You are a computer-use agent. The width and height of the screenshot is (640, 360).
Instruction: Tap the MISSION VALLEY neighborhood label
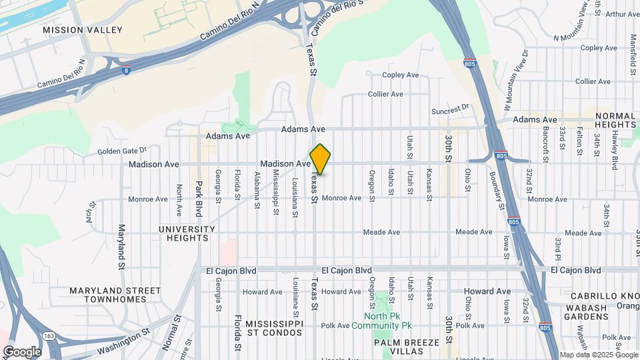click(83, 30)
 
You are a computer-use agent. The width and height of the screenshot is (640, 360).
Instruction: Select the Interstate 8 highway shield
click(126, 69)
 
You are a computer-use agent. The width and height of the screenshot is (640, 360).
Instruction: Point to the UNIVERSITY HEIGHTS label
click(187, 233)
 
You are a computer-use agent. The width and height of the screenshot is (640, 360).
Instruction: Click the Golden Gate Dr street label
click(121, 151)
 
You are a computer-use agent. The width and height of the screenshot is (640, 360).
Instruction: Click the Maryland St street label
click(122, 247)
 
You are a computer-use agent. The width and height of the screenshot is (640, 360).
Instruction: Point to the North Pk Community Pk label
click(389, 321)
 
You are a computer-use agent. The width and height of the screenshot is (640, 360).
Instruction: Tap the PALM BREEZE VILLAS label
click(405, 347)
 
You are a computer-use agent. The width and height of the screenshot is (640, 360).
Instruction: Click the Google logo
click(22, 351)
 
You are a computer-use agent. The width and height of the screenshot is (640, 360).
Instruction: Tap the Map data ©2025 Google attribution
click(598, 355)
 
